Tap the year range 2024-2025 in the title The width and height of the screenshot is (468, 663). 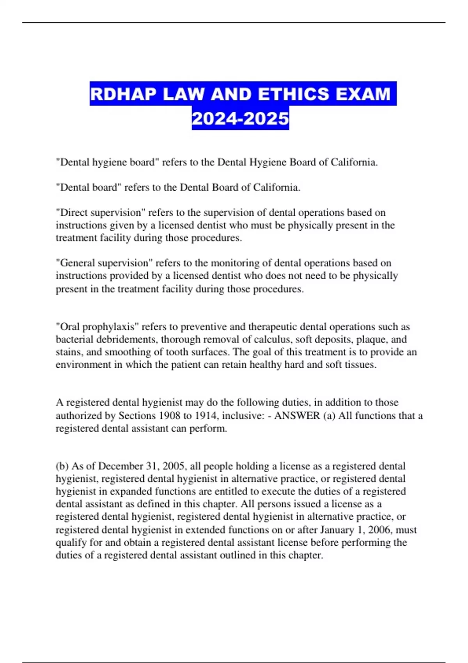240,119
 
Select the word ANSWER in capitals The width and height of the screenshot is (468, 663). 297,416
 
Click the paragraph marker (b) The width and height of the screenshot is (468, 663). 62,466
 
